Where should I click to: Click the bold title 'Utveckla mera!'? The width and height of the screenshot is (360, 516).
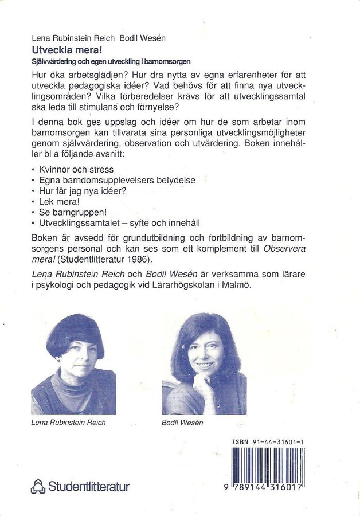tap(60, 50)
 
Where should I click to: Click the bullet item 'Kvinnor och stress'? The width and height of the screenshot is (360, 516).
tap(76, 170)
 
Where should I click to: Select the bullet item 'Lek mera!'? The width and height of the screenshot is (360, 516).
tap(59, 201)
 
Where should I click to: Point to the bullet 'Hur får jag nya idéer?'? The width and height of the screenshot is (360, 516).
tap(83, 191)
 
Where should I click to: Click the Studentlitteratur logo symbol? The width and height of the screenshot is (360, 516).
tap(38, 487)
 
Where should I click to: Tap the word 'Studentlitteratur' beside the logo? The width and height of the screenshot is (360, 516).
tap(89, 487)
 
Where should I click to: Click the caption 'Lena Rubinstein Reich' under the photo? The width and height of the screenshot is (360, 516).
tap(68, 423)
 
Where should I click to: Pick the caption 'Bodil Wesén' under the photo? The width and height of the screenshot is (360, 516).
tap(182, 423)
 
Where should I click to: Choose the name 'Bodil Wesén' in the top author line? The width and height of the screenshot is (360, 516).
tap(142, 39)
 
